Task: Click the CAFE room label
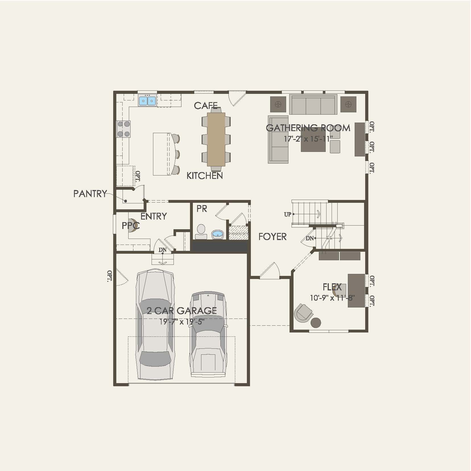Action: point(206,106)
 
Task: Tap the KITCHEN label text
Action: point(204,176)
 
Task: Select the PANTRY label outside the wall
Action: point(90,194)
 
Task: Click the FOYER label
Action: point(272,237)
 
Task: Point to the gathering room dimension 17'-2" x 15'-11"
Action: point(308,139)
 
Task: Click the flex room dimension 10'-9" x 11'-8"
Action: point(332,298)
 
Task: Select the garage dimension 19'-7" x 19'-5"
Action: point(182,322)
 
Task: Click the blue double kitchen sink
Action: point(147,100)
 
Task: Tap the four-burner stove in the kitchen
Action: point(123,129)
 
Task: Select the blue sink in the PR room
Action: point(218,234)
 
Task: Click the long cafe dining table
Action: point(216,139)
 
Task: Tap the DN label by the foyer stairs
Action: point(309,238)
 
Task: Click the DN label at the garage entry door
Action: point(162,250)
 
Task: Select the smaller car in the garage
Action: point(208,334)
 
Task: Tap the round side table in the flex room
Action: point(316,323)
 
